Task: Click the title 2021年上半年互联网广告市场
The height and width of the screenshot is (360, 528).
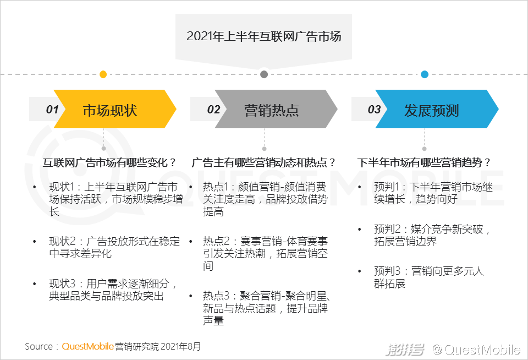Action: tap(263, 36)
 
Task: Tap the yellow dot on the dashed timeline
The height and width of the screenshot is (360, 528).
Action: tap(103, 74)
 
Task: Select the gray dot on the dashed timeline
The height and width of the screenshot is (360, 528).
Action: tap(264, 74)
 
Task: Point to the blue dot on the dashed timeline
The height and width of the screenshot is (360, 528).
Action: tap(425, 74)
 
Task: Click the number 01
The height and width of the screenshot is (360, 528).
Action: tap(52, 109)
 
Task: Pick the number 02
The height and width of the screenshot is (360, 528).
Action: tap(213, 109)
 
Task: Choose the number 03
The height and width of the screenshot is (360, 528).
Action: tap(374, 109)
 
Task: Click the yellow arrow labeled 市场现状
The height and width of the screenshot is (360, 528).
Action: tap(115, 109)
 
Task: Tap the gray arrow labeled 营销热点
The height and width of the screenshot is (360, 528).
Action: tap(276, 109)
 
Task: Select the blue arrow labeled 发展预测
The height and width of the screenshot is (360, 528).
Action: tap(437, 109)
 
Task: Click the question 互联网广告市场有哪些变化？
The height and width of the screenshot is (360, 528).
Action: tap(109, 163)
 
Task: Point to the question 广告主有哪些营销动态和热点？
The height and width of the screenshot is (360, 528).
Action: tap(263, 163)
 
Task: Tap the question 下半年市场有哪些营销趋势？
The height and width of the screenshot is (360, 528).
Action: tap(424, 163)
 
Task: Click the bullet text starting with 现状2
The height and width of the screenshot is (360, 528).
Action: tap(114, 247)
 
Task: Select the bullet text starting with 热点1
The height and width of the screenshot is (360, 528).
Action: tap(265, 199)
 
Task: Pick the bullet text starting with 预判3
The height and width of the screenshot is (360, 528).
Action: tap(428, 277)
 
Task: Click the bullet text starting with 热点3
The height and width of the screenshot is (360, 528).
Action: tap(266, 308)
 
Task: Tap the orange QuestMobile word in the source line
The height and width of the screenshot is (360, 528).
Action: tap(87, 346)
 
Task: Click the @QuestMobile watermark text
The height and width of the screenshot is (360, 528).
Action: tap(476, 350)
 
